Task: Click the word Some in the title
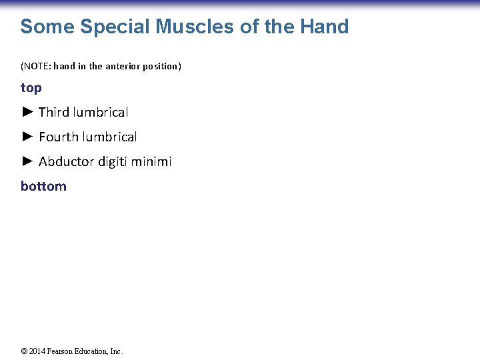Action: coord(47,27)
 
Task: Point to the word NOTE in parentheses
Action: coord(37,67)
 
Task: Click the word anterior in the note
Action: coord(123,67)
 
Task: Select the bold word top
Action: coord(31,88)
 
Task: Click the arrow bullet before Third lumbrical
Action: coord(27,112)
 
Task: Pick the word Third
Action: coord(54,112)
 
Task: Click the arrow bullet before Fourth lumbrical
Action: coord(27,137)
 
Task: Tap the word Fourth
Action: coord(59,137)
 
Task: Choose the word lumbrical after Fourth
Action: coord(109,137)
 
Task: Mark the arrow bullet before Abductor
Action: coord(27,161)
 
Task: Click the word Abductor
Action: coord(65,161)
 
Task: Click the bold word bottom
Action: coord(43,186)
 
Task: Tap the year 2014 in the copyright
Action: coord(38,351)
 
